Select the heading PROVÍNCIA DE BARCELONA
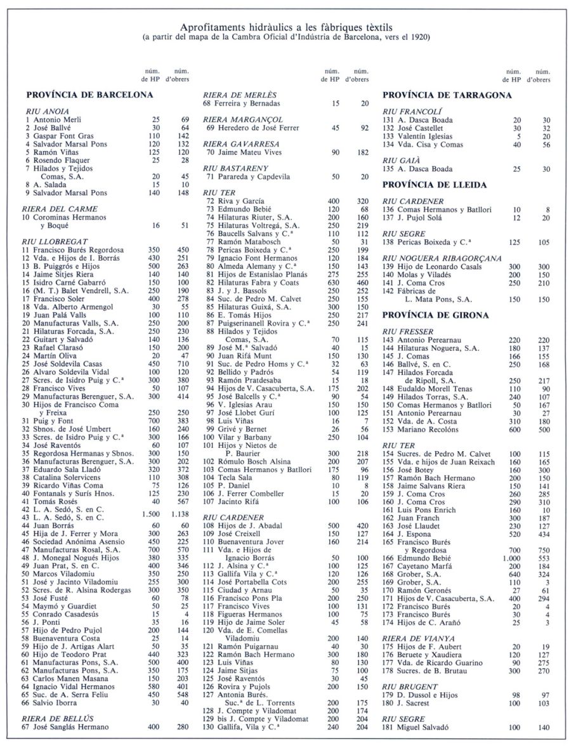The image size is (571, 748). coord(89,95)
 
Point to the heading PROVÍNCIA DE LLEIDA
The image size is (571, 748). coord(435,185)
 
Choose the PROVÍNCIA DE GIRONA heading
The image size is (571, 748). coord(435,315)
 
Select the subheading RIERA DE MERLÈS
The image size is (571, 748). coord(234,95)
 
